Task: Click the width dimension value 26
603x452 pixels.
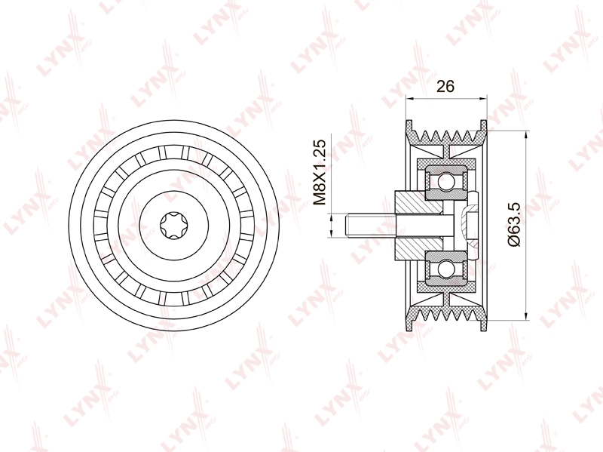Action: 445,86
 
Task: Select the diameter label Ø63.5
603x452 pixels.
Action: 513,225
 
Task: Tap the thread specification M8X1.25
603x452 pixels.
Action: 319,172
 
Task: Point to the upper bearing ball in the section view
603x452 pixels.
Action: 446,181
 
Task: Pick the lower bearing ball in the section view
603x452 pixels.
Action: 446,268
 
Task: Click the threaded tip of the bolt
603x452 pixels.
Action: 349,225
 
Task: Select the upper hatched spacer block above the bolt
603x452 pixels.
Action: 418,202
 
